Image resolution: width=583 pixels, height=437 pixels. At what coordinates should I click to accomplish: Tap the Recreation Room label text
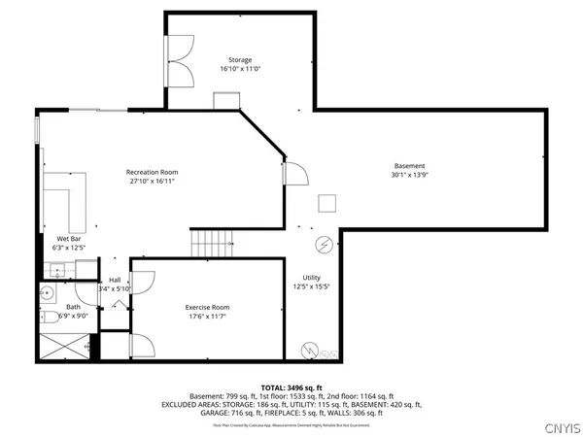(152, 172)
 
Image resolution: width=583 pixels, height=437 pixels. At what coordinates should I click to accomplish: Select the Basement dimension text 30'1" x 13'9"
(409, 176)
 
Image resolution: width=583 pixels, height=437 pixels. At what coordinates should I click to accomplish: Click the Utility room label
(311, 277)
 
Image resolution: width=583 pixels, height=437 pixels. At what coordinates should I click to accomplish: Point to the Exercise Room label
(208, 307)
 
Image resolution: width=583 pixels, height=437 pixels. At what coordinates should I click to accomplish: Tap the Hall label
(114, 280)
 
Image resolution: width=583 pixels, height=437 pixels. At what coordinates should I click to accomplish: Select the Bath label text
(48, 307)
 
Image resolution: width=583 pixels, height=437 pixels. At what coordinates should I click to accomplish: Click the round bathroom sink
(46, 292)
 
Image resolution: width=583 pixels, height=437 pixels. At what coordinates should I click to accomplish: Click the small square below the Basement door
(327, 202)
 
